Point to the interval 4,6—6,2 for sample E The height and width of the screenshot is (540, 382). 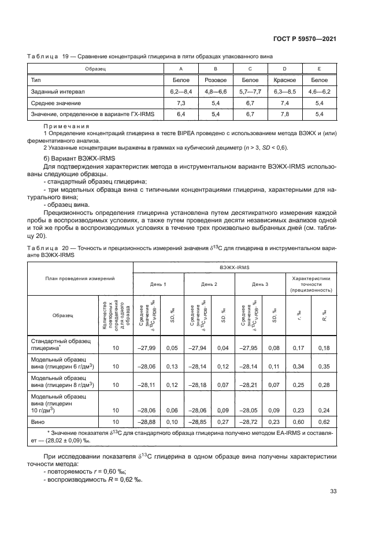pyautogui.click(x=319, y=91)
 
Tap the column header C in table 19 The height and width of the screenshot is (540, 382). pyautogui.click(x=250, y=69)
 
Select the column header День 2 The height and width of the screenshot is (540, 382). pyautogui.click(x=209, y=284)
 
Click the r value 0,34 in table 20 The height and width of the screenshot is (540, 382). pyautogui.click(x=299, y=366)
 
